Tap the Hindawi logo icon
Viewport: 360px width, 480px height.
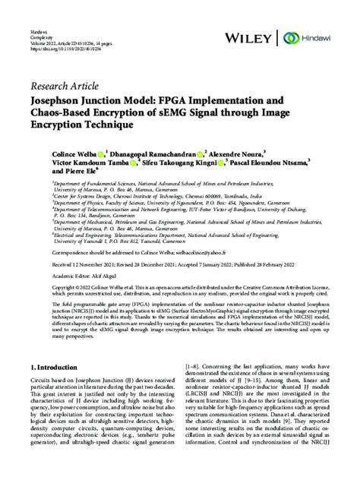click(289, 37)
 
